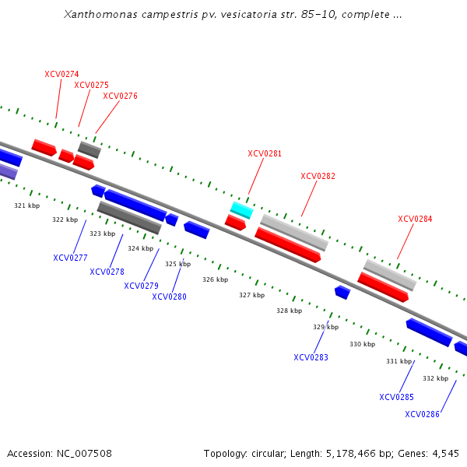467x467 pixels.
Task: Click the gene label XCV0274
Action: click(x=61, y=75)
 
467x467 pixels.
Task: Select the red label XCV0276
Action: click(x=120, y=97)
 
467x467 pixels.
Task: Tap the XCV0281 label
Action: click(x=265, y=154)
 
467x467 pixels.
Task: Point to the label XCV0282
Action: click(x=318, y=177)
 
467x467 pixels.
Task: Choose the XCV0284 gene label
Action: click(x=415, y=219)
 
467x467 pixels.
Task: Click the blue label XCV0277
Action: click(x=70, y=258)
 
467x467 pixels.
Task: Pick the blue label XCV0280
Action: click(x=169, y=297)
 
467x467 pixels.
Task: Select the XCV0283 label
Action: click(x=311, y=358)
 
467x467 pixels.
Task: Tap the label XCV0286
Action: click(x=422, y=414)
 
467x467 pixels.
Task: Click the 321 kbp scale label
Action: click(x=26, y=206)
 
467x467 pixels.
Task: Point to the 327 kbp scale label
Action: click(x=251, y=296)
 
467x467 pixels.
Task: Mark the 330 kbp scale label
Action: click(x=362, y=344)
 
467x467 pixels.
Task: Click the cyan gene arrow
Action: click(x=241, y=209)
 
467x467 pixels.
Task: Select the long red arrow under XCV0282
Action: click(x=288, y=244)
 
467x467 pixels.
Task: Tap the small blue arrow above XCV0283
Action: click(x=342, y=292)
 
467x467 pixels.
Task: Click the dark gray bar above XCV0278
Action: click(x=129, y=217)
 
